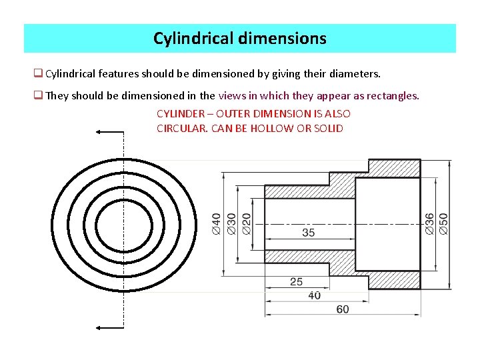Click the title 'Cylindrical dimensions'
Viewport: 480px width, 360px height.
point(240,39)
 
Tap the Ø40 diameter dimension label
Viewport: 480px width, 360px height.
point(217,223)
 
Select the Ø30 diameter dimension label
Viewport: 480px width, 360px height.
point(231,223)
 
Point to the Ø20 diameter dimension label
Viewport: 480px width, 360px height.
point(247,223)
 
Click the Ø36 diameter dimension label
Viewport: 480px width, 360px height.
point(430,223)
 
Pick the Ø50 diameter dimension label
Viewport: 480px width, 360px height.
point(444,223)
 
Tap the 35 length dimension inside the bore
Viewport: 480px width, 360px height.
point(309,233)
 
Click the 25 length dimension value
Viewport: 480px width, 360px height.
point(296,282)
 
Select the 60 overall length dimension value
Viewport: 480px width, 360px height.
point(342,309)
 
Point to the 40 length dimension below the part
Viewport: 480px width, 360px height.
point(314,295)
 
